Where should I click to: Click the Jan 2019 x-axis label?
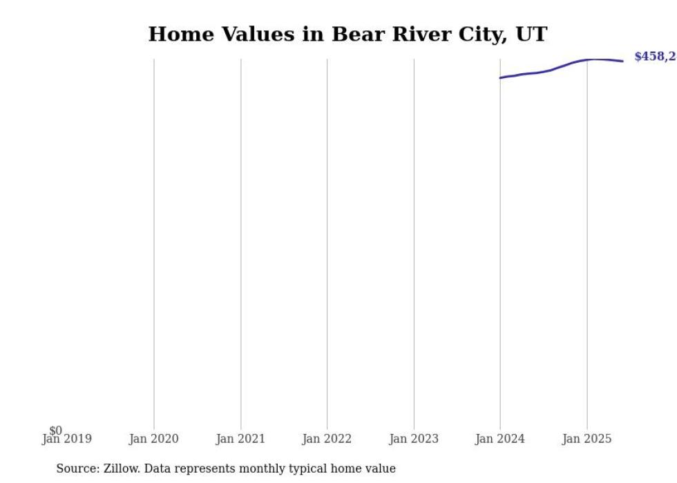pos(67,439)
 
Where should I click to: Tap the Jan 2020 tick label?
pos(153,439)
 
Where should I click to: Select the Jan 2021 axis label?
pos(240,439)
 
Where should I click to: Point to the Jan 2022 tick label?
pos(327,439)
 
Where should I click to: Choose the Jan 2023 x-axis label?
pos(414,439)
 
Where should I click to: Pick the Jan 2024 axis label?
pos(500,439)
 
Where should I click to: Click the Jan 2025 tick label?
pos(587,439)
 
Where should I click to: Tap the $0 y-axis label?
pos(55,430)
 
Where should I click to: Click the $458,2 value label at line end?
pos(655,57)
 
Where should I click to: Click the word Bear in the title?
pos(359,35)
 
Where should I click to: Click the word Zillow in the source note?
pos(122,468)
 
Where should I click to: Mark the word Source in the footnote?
pos(77,468)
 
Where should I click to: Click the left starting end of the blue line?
pos(501,77)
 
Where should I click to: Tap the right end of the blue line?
pos(622,61)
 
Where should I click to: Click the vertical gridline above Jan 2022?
pos(327,242)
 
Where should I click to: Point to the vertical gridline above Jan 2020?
pos(153,242)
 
